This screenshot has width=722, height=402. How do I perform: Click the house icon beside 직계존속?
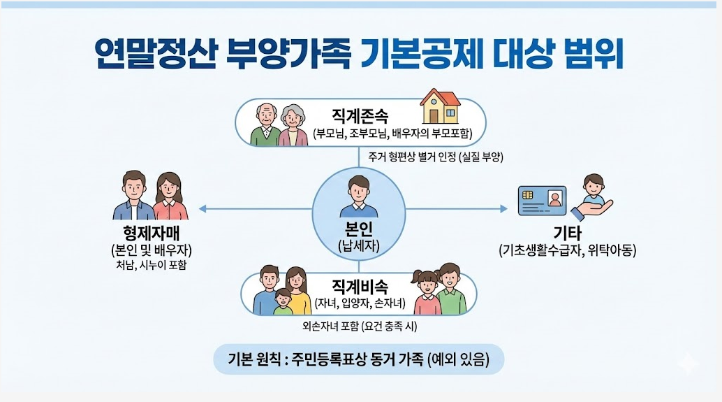440,108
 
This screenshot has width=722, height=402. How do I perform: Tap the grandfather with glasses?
266,125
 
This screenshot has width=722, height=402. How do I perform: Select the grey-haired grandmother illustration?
293,127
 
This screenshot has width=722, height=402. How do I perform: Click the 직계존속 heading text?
360,115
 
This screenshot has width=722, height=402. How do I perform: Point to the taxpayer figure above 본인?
358,196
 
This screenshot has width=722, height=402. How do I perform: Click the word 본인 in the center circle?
358,230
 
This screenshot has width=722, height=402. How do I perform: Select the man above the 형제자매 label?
133,196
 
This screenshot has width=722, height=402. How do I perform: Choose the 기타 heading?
567,234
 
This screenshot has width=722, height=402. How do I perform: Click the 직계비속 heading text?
360,286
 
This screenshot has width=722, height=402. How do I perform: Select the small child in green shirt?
283,303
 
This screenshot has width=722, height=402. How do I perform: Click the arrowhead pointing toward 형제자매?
201,208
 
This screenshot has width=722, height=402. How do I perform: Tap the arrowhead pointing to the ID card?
505,208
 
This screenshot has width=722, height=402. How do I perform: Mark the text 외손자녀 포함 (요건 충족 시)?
359,326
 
